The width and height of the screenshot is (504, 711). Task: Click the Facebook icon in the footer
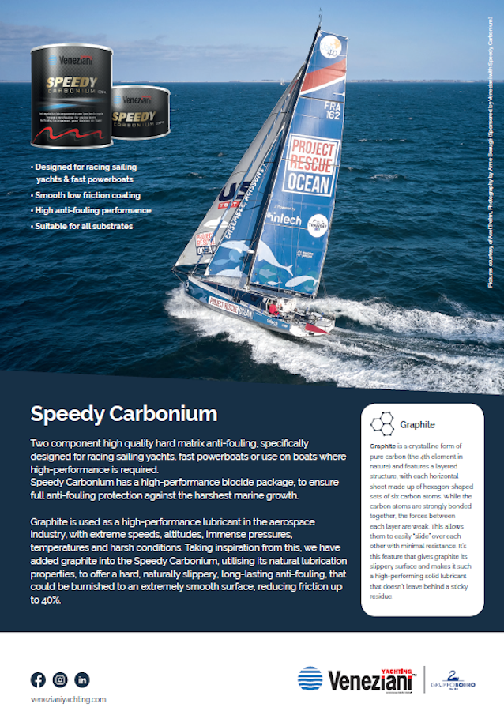tap(38, 679)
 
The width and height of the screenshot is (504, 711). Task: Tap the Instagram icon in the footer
tap(60, 679)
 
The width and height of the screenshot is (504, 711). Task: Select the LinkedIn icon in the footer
tap(82, 679)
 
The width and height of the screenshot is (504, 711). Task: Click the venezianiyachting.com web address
tap(68, 699)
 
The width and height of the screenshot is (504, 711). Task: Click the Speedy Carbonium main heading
tap(123, 414)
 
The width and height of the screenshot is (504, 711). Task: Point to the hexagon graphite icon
tap(383, 423)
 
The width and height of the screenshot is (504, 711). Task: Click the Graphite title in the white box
tap(417, 424)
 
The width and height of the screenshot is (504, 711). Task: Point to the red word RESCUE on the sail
tap(313, 164)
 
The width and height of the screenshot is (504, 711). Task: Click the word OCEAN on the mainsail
tap(307, 183)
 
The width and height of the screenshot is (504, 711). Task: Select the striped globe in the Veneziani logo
tap(310, 679)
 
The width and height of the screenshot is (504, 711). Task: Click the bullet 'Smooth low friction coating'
tap(86, 195)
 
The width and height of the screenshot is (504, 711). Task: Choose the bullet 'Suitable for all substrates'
tap(83, 226)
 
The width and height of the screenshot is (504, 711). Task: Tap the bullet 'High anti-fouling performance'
tap(92, 211)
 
